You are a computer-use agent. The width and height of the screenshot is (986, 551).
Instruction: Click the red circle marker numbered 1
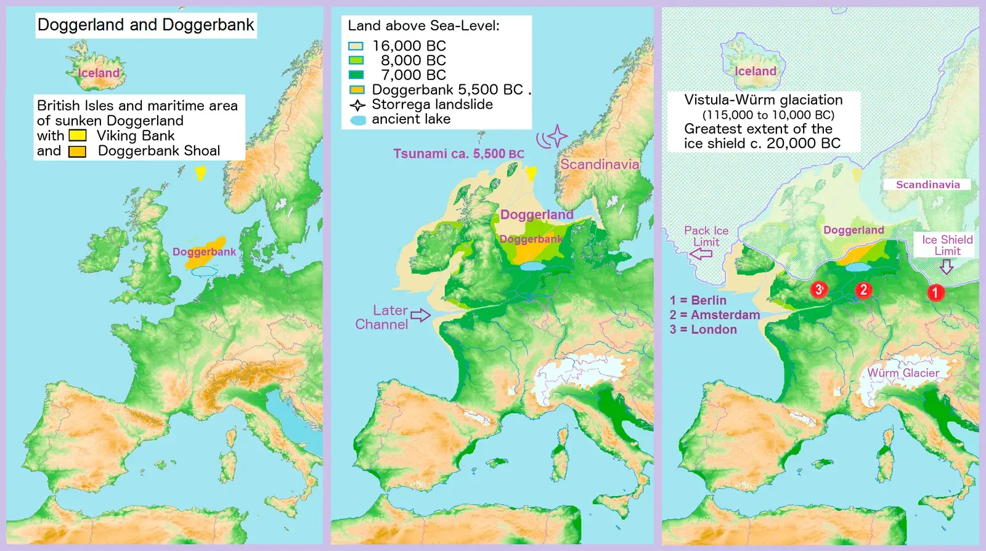click(935, 292)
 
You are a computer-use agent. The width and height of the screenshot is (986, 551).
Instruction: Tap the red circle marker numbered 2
click(863, 290)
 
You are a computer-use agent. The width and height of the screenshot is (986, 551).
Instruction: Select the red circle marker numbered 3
click(819, 289)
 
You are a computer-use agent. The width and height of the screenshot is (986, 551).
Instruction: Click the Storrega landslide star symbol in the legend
click(357, 105)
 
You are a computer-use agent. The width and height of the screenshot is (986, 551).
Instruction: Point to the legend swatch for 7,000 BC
click(356, 75)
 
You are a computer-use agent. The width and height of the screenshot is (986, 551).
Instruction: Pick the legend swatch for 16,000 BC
click(356, 46)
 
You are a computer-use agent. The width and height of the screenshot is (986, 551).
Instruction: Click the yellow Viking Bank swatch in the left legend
click(78, 135)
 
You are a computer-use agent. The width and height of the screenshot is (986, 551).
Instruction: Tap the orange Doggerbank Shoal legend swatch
click(77, 151)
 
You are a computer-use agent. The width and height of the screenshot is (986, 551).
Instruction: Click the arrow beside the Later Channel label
click(420, 315)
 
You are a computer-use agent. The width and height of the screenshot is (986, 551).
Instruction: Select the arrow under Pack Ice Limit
click(701, 254)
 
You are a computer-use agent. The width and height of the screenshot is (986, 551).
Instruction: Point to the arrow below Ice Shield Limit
click(947, 267)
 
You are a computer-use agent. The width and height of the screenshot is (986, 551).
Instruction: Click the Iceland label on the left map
click(99, 73)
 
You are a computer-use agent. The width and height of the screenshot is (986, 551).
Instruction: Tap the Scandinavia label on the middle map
click(599, 164)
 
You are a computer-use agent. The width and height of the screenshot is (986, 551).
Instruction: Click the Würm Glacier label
click(903, 373)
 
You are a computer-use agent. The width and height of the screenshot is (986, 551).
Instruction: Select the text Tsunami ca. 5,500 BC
click(458, 154)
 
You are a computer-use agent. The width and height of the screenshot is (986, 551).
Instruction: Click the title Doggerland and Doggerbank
click(145, 25)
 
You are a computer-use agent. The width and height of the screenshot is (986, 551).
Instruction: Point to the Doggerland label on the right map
click(854, 230)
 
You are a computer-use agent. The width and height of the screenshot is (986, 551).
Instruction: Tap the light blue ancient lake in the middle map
click(532, 267)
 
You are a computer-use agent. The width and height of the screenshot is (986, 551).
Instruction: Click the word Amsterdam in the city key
click(725, 315)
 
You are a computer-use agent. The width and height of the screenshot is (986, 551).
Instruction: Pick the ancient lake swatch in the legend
click(358, 120)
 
